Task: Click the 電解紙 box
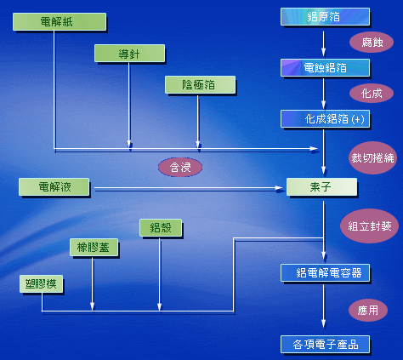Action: tap(60, 21)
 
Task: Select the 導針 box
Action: tap(129, 53)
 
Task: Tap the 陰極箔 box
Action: tap(200, 84)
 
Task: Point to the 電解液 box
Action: tap(54, 186)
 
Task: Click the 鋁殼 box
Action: tap(161, 227)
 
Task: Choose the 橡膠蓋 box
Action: tap(94, 247)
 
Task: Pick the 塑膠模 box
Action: tap(42, 283)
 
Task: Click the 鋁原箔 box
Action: tap(325, 17)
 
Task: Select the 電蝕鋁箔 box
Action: tap(325, 67)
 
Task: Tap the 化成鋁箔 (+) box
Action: tap(325, 118)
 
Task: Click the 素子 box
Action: tap(321, 186)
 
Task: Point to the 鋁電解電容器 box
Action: tap(325, 272)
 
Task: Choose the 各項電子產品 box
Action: tap(325, 345)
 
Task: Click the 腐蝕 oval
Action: tap(372, 43)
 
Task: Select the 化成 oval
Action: tap(372, 93)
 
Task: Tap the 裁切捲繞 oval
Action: tap(372, 157)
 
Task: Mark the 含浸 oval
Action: tap(180, 167)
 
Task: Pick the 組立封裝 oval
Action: tap(370, 226)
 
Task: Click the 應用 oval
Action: tap(368, 310)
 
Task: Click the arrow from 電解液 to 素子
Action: tap(189, 188)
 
